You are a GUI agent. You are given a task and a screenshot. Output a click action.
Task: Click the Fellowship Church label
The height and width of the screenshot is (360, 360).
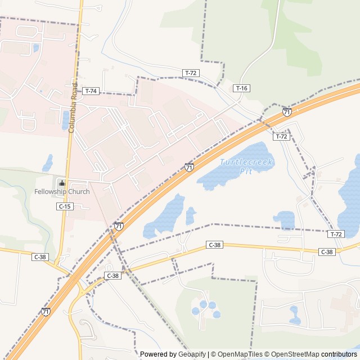[62, 192]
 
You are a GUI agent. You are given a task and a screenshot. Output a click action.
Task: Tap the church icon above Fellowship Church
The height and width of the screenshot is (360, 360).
[62, 183]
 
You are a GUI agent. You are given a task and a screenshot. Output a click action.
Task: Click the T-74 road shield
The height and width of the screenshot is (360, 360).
[91, 91]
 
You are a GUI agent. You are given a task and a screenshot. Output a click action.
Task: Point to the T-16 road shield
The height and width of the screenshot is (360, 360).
[241, 88]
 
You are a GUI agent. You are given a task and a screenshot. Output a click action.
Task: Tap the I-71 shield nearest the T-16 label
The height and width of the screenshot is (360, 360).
[287, 112]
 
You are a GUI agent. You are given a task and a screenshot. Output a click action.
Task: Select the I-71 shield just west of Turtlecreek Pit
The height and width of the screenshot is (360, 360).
[189, 167]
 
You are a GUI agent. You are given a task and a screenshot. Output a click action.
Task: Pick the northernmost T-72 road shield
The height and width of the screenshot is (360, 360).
[191, 73]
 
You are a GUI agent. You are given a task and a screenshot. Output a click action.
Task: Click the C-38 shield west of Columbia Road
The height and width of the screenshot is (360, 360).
[40, 257]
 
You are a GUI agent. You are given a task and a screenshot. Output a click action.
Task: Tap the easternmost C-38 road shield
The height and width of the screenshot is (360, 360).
[327, 252]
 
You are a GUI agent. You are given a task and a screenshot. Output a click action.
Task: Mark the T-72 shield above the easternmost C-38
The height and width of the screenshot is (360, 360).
[336, 234]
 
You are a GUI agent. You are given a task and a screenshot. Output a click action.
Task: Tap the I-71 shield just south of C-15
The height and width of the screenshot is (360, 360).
[119, 226]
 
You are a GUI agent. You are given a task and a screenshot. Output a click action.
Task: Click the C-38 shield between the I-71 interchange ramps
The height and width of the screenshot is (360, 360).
[112, 276]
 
